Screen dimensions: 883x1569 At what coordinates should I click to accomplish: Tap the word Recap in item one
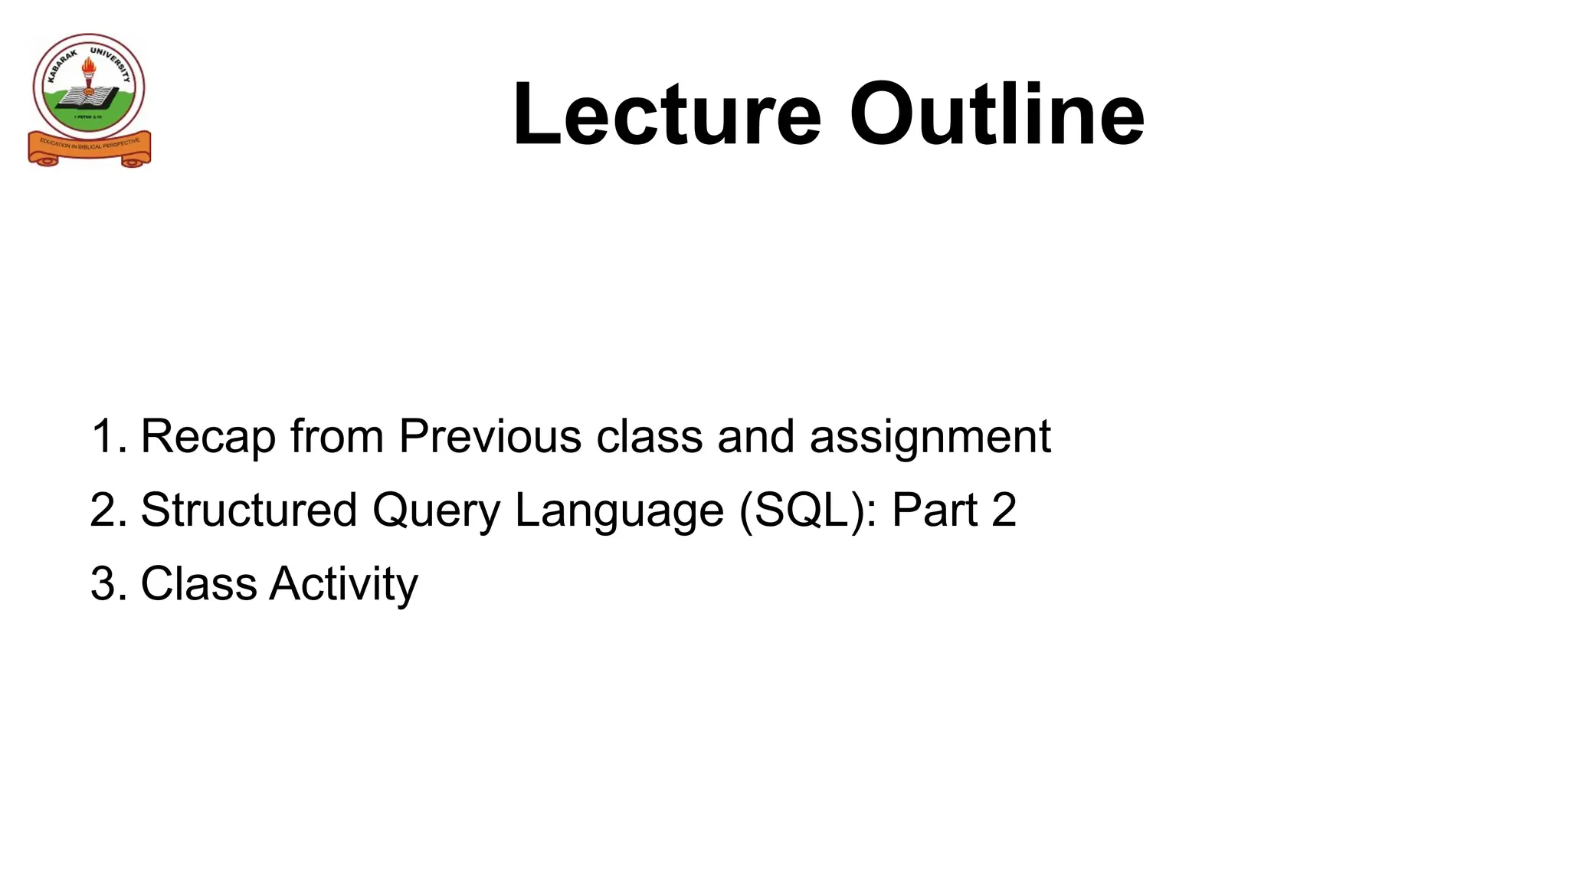[208, 437]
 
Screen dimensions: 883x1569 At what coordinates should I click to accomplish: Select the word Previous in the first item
[490, 436]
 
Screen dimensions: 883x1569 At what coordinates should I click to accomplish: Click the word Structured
[249, 510]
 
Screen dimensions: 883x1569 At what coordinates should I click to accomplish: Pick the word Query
[436, 511]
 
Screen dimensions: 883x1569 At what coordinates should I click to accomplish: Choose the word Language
[619, 511]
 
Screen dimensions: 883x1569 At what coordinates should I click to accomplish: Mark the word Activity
[344, 585]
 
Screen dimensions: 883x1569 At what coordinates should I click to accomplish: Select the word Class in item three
[198, 583]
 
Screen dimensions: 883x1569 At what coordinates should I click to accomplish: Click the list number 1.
[105, 436]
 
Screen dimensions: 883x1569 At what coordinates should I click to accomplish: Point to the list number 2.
[105, 510]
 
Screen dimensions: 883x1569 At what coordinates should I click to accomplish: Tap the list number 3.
[105, 583]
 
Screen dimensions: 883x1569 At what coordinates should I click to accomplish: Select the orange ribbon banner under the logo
[89, 147]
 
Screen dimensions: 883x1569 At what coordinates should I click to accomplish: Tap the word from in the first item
[336, 436]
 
